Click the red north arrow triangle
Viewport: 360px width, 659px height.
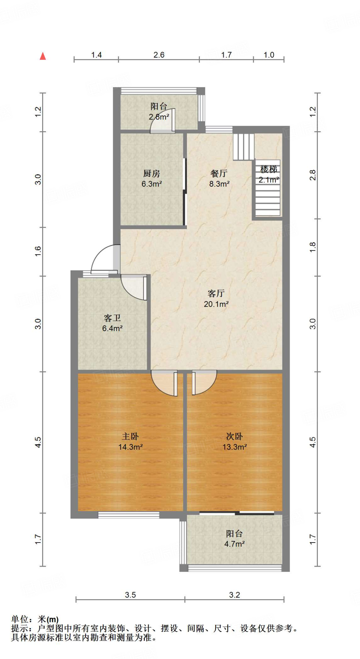click(x=43, y=56)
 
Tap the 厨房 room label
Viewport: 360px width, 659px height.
click(x=152, y=179)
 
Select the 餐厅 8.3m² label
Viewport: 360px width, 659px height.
click(x=219, y=179)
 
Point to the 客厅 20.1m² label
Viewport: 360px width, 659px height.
click(x=216, y=299)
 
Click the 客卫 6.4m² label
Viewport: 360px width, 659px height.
click(x=112, y=323)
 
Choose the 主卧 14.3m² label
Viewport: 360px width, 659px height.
click(x=130, y=441)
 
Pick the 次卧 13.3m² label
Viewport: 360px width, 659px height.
click(x=235, y=441)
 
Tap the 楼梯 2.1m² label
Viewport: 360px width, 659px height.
click(x=269, y=174)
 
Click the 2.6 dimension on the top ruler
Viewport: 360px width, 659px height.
click(x=159, y=55)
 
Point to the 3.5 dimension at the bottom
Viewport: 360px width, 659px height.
click(x=130, y=595)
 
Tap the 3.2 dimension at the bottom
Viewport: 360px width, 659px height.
click(x=235, y=595)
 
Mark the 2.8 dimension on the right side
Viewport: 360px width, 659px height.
click(x=313, y=175)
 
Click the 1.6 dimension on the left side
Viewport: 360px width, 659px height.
click(x=38, y=251)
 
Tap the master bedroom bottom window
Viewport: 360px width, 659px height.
click(x=129, y=515)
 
